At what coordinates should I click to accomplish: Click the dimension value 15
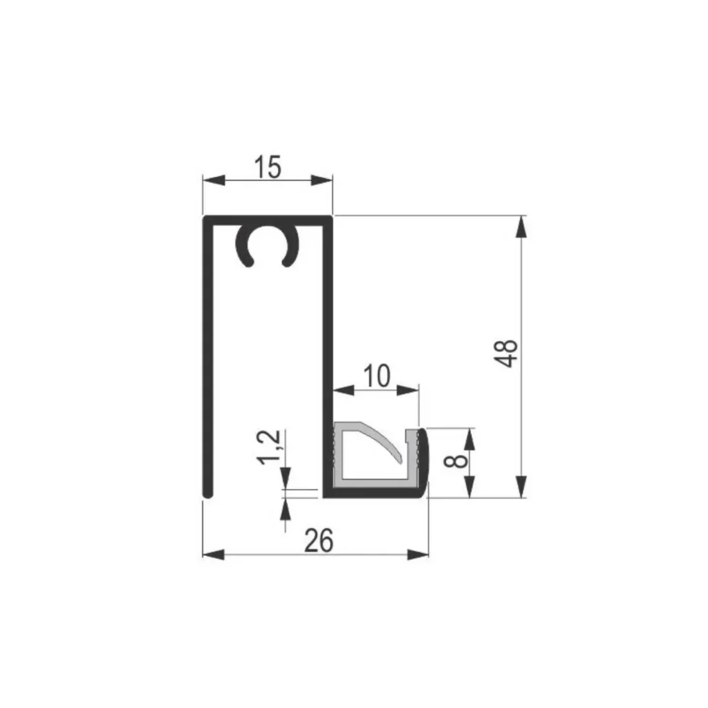[x=268, y=167]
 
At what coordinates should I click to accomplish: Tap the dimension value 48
[x=506, y=353]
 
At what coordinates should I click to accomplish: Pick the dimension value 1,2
[x=269, y=447]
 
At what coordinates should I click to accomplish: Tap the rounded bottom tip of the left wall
[x=207, y=494]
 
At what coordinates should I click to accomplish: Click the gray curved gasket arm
[x=380, y=442]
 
